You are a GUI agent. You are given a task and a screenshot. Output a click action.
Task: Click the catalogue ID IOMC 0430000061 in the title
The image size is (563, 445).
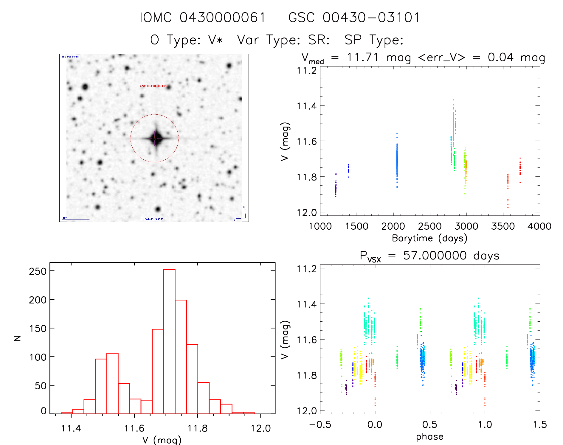[x=202, y=18]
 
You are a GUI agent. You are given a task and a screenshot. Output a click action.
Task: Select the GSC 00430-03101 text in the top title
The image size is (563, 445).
[x=354, y=18]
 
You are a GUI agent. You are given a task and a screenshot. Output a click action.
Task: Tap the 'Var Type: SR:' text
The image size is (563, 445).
[x=283, y=40]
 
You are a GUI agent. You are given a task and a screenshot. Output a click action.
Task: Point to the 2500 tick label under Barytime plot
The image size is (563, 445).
[x=429, y=226]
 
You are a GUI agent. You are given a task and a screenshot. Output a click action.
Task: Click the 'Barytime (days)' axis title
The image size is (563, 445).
[x=429, y=238]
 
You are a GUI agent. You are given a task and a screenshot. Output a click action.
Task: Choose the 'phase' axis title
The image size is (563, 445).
[x=429, y=437]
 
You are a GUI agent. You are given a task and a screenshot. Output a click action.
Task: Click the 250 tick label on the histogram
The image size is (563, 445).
[x=38, y=271]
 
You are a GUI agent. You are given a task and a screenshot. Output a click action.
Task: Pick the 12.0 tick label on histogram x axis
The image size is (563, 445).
[x=260, y=429]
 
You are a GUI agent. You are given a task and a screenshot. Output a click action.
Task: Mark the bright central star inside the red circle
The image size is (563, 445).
[x=155, y=138]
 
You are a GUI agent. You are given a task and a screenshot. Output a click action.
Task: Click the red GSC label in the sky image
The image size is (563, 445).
[x=153, y=86]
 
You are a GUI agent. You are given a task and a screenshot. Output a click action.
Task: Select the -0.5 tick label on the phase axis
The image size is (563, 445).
[x=320, y=425]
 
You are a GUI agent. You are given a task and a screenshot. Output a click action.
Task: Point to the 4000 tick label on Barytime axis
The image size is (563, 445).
[x=539, y=226]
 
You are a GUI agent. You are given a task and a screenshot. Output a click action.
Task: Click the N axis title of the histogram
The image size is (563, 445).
[x=18, y=338]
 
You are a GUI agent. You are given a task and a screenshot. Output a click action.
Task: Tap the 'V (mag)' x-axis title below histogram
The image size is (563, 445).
[x=162, y=440]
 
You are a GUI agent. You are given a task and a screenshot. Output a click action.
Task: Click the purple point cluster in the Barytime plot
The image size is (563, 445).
[x=336, y=189]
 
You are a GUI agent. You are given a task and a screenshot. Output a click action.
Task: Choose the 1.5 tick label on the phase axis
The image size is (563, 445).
[x=539, y=425]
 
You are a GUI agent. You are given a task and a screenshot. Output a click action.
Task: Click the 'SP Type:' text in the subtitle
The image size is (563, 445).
[x=374, y=40]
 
